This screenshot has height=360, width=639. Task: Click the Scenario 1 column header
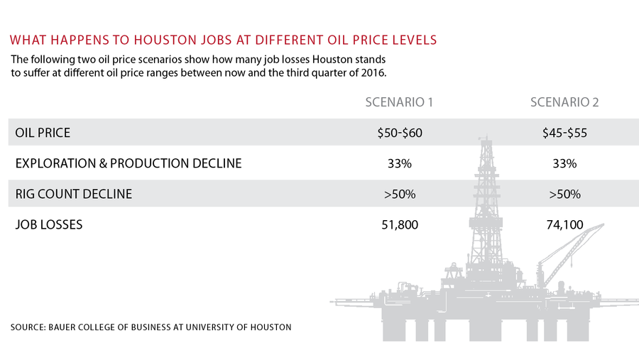(x=399, y=102)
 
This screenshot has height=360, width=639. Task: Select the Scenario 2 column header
(x=564, y=102)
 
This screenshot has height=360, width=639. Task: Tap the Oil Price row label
(x=43, y=133)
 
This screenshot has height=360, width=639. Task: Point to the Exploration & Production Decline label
(x=129, y=163)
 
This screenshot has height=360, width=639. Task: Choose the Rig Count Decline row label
(x=74, y=194)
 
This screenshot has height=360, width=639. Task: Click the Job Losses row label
(x=49, y=224)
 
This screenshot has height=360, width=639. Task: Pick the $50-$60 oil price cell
(x=400, y=133)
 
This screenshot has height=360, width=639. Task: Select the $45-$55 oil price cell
(x=565, y=133)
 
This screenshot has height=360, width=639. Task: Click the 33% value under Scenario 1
(x=400, y=163)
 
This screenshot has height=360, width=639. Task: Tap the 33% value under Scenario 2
(x=565, y=163)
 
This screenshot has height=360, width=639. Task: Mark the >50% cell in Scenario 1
(x=400, y=194)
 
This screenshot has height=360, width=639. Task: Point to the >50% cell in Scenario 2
(x=565, y=194)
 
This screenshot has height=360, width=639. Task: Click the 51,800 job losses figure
(x=400, y=224)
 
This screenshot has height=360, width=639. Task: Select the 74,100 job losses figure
(x=565, y=224)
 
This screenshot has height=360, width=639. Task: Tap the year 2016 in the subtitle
(x=373, y=73)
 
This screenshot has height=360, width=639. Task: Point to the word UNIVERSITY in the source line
(x=209, y=327)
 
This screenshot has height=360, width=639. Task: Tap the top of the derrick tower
(x=486, y=137)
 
